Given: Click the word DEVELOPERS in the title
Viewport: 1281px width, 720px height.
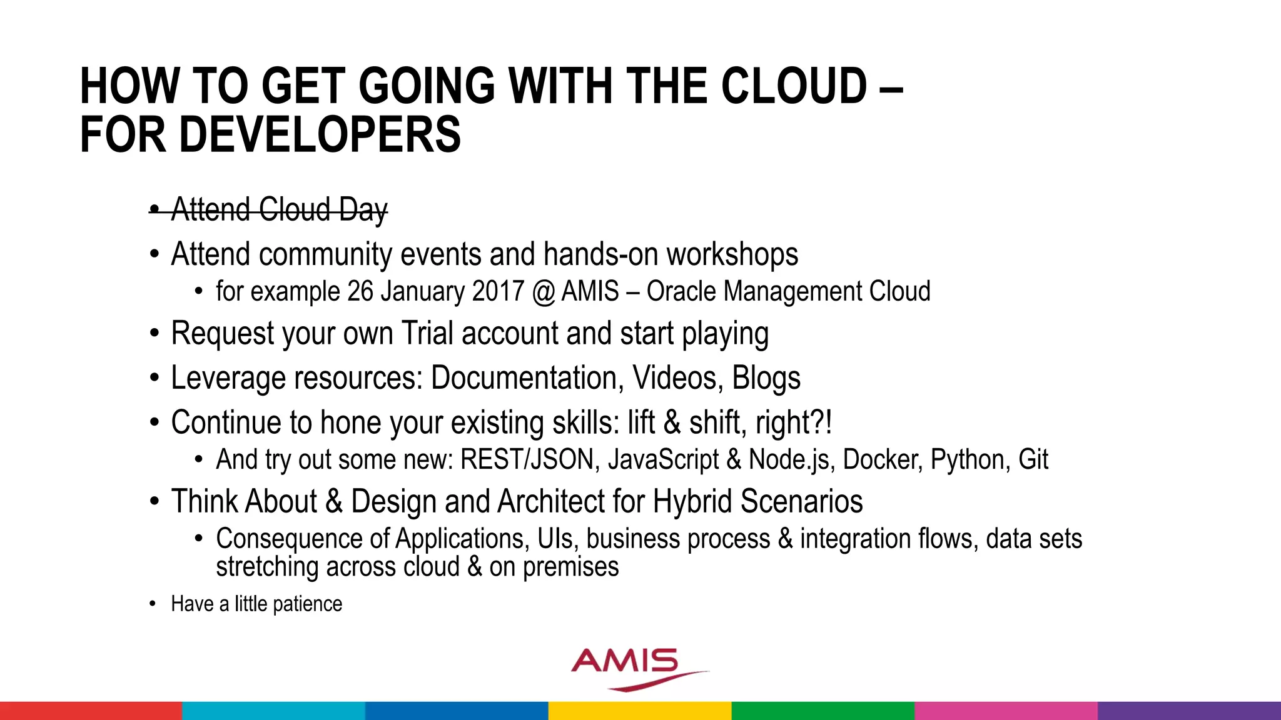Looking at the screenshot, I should [320, 135].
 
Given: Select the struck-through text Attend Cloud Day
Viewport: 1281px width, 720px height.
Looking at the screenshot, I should [279, 209].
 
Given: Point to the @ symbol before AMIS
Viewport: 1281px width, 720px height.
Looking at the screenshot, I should [544, 292].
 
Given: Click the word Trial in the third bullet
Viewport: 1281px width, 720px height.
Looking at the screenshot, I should [427, 333].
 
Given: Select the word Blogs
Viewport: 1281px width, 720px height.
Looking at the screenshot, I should [766, 378].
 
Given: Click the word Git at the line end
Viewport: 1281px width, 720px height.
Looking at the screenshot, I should [1033, 460].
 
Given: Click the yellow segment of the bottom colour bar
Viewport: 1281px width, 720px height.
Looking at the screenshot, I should [640, 711].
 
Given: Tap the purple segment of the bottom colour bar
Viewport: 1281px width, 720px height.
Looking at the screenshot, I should [1189, 711].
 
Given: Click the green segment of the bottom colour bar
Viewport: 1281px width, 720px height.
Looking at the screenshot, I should [823, 711].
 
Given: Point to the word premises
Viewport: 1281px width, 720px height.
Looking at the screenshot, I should [570, 567].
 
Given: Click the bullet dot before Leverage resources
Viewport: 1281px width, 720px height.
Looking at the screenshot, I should [154, 378].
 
